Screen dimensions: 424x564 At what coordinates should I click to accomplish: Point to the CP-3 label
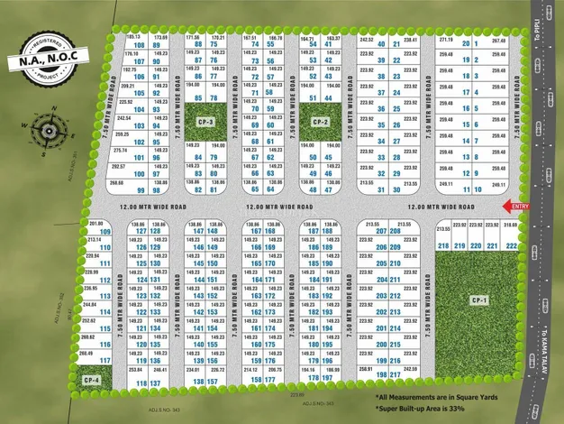(205, 121)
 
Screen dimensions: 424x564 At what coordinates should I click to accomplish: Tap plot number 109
(105, 232)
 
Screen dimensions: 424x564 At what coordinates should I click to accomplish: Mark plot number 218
(442, 245)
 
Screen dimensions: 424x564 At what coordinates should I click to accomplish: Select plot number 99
(141, 190)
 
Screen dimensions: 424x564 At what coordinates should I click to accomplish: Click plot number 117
(105, 361)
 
